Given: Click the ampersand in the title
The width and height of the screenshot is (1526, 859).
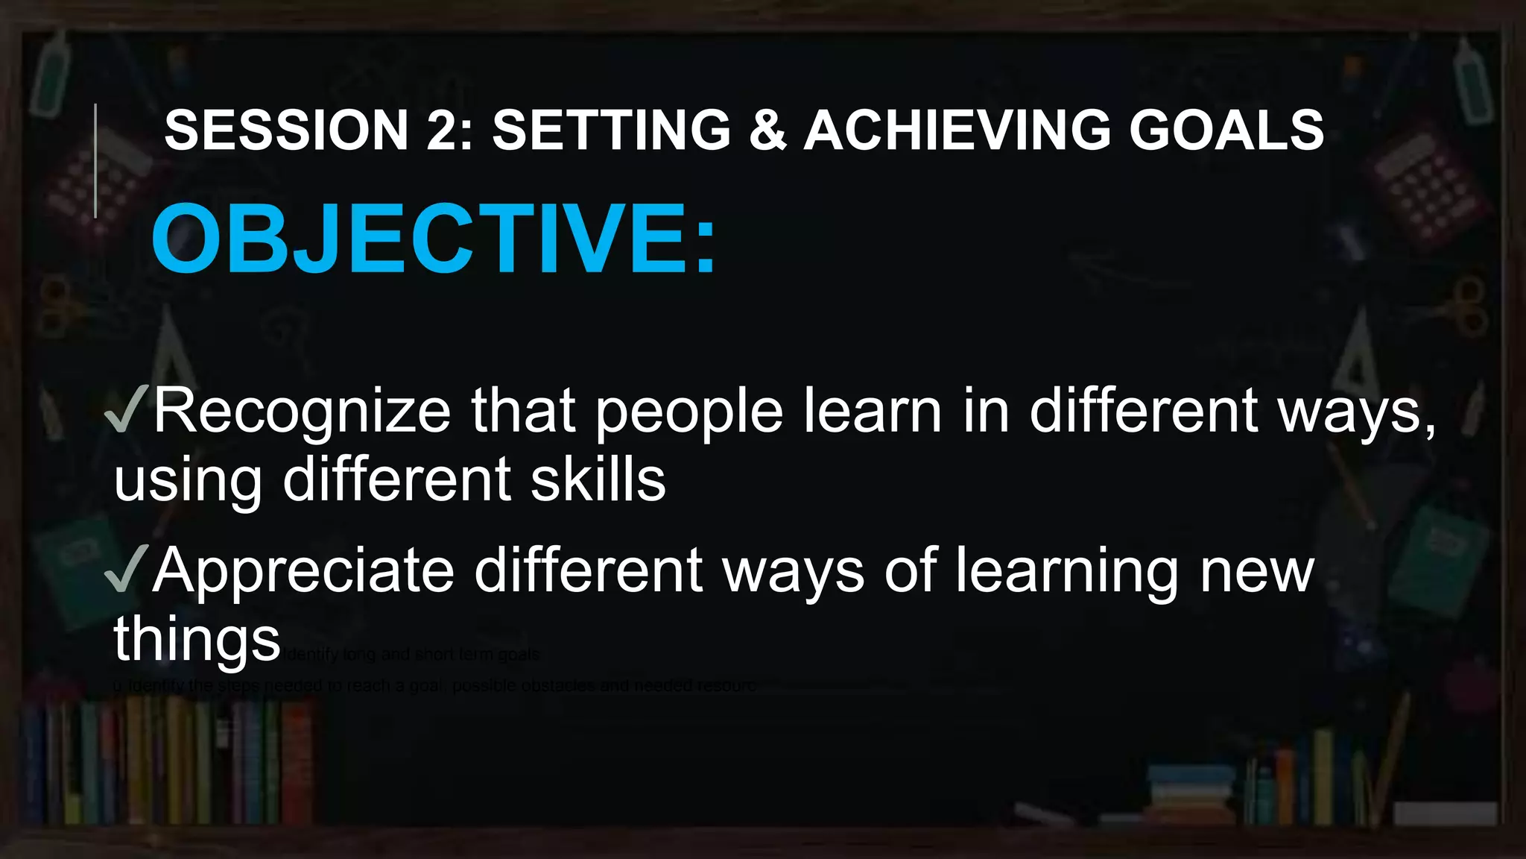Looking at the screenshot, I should point(767,130).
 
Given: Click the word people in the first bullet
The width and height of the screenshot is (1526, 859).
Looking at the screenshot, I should point(689,412).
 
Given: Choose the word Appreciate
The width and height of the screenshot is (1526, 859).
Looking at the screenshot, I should point(303,570).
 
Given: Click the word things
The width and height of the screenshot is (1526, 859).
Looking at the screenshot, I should point(197,639).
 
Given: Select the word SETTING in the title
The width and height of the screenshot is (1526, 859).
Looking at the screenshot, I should point(612,130).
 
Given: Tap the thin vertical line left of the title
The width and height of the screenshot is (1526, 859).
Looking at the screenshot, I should point(95,160).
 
